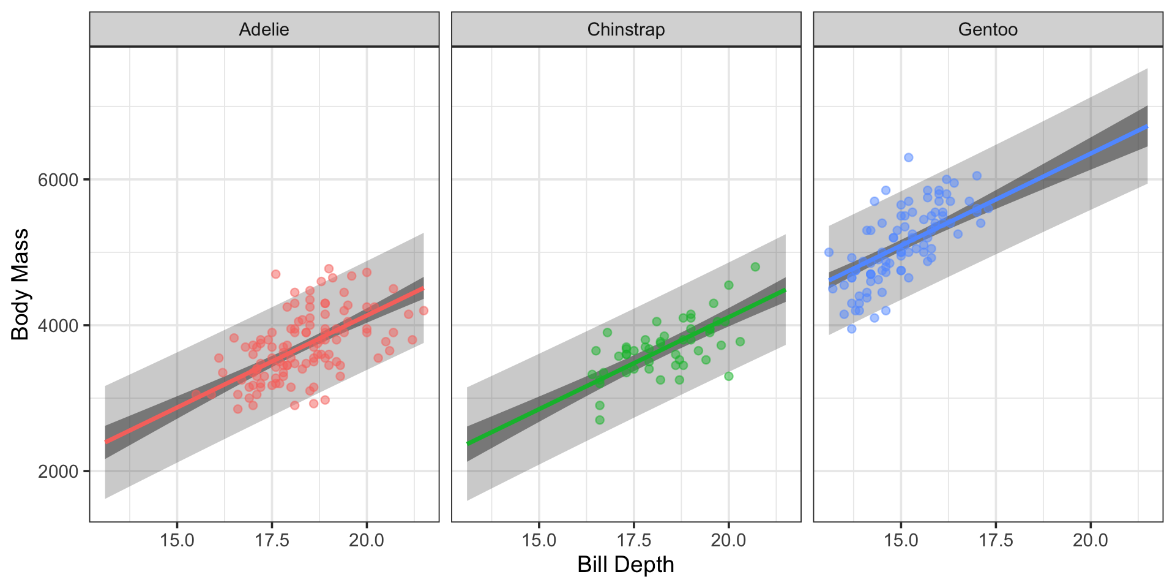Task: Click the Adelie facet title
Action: pyautogui.click(x=264, y=29)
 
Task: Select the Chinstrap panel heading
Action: pyautogui.click(x=625, y=29)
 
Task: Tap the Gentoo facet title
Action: pyautogui.click(x=988, y=29)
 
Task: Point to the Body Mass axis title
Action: pyautogui.click(x=20, y=284)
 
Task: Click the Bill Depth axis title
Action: pyautogui.click(x=625, y=565)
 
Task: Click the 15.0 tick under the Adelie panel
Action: pyautogui.click(x=177, y=540)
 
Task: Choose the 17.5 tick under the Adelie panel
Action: pyautogui.click(x=272, y=540)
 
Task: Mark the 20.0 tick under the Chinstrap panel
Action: pyautogui.click(x=728, y=540)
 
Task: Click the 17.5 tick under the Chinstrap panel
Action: pyautogui.click(x=634, y=540)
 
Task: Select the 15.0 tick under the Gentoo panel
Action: pyautogui.click(x=901, y=540)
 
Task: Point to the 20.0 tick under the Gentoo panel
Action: pyautogui.click(x=1091, y=540)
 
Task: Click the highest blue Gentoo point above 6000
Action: pyautogui.click(x=908, y=157)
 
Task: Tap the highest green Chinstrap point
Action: pyautogui.click(x=755, y=267)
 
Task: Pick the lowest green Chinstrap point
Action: pyautogui.click(x=600, y=420)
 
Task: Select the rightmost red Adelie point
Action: pyautogui.click(x=423, y=311)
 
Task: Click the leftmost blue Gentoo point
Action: pyautogui.click(x=829, y=252)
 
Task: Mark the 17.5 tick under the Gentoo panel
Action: pyautogui.click(x=996, y=540)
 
